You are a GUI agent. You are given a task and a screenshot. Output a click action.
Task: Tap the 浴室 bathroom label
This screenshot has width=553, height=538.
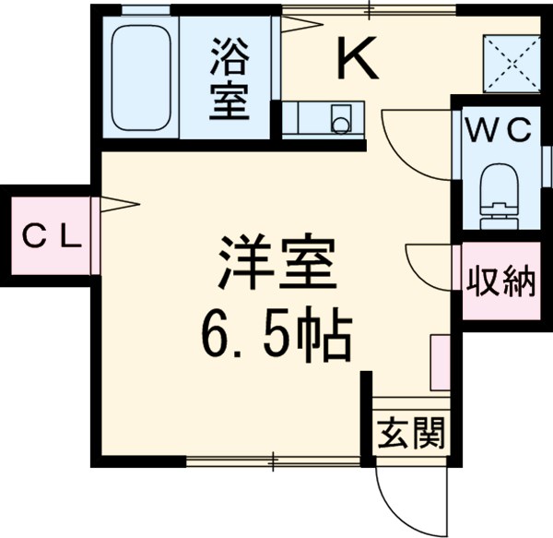(x=229, y=78)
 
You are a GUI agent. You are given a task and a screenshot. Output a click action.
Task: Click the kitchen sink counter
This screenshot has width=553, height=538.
(x=323, y=118)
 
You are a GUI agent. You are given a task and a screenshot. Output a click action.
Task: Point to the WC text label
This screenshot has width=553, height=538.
(x=498, y=132)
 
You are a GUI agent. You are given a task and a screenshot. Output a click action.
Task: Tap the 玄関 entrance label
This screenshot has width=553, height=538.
(x=412, y=432)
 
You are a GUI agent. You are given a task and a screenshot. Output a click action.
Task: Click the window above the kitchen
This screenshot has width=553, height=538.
(x=369, y=11)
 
